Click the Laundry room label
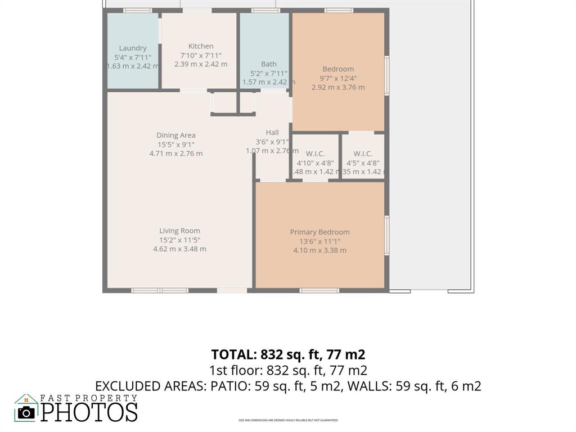133,48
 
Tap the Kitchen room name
201,46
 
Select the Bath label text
269,64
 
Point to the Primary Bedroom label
319,232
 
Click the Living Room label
179,231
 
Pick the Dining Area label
176,135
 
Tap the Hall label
272,133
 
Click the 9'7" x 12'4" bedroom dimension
338,78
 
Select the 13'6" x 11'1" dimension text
319,241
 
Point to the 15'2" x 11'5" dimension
179,240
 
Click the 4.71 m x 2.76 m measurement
176,153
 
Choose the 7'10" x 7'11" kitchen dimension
201,55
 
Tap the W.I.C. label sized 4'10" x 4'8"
315,154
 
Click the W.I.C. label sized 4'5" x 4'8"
363,154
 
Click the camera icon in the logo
26,412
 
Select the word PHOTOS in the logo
89,412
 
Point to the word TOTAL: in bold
233,354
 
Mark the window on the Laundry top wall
137,10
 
